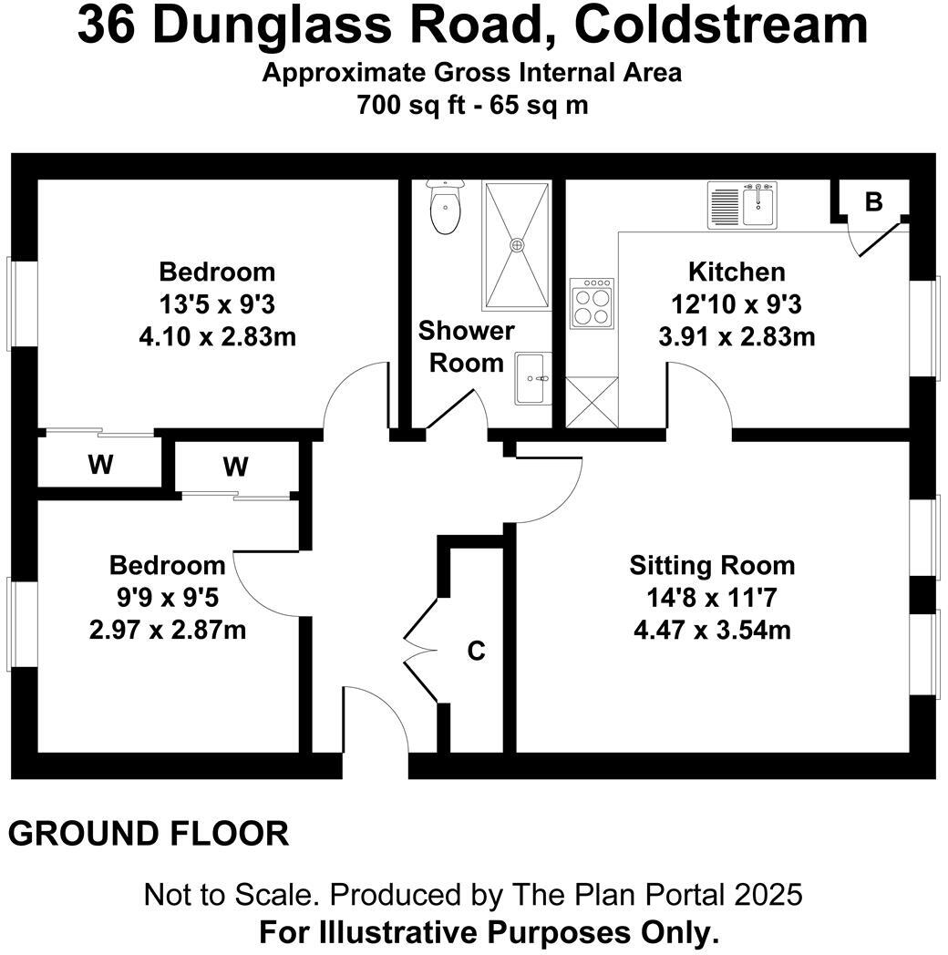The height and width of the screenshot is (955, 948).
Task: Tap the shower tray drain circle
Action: point(518,244)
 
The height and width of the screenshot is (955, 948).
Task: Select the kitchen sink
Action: point(757,204)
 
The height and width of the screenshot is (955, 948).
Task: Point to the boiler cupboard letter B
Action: point(873,202)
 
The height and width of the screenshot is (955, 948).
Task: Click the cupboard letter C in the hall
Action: point(476,651)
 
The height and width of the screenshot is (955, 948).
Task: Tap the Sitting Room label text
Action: point(712,565)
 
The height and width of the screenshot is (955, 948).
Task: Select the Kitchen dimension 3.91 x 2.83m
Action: point(737,336)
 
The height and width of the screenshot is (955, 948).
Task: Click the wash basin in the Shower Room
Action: point(532,379)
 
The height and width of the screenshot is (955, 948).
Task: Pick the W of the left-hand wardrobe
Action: point(100,465)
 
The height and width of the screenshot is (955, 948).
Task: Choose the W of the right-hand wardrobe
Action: point(235,467)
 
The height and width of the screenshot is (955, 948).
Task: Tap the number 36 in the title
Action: point(107,26)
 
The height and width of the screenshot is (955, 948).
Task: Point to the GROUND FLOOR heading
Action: point(149,833)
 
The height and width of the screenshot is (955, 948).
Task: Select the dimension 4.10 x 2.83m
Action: point(217,336)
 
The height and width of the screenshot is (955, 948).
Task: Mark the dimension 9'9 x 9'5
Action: point(167,597)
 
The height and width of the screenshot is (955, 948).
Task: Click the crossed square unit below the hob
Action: point(592,402)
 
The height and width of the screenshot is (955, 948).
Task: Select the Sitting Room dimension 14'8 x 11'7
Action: point(712,597)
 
